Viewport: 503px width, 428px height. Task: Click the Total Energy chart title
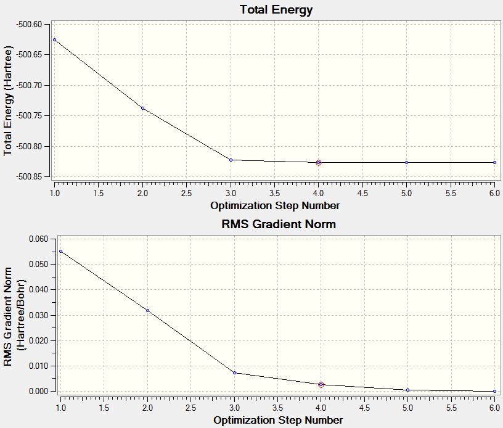click(276, 10)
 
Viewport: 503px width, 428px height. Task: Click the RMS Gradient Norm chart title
click(279, 224)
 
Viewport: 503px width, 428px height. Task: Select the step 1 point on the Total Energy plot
click(54, 39)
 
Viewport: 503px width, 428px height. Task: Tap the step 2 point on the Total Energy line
click(142, 108)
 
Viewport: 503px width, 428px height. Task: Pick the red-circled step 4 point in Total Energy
click(319, 162)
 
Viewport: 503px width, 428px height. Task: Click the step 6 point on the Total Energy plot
click(494, 162)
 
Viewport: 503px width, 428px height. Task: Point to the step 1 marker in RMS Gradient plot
click(60, 251)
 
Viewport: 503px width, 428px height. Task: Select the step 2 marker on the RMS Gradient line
click(147, 310)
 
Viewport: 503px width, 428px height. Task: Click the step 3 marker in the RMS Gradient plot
click(234, 372)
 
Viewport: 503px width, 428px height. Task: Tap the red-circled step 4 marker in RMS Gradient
click(321, 384)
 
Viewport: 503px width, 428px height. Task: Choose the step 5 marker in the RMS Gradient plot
click(407, 390)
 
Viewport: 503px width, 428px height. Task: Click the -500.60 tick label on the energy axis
click(29, 24)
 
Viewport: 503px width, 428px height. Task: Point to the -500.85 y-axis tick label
click(29, 176)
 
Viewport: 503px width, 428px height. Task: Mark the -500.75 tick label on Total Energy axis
click(29, 115)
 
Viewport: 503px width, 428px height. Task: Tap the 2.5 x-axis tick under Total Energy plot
click(186, 192)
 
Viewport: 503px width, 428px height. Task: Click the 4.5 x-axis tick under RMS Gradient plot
click(364, 408)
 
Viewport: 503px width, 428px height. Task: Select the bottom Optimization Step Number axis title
click(278, 420)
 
